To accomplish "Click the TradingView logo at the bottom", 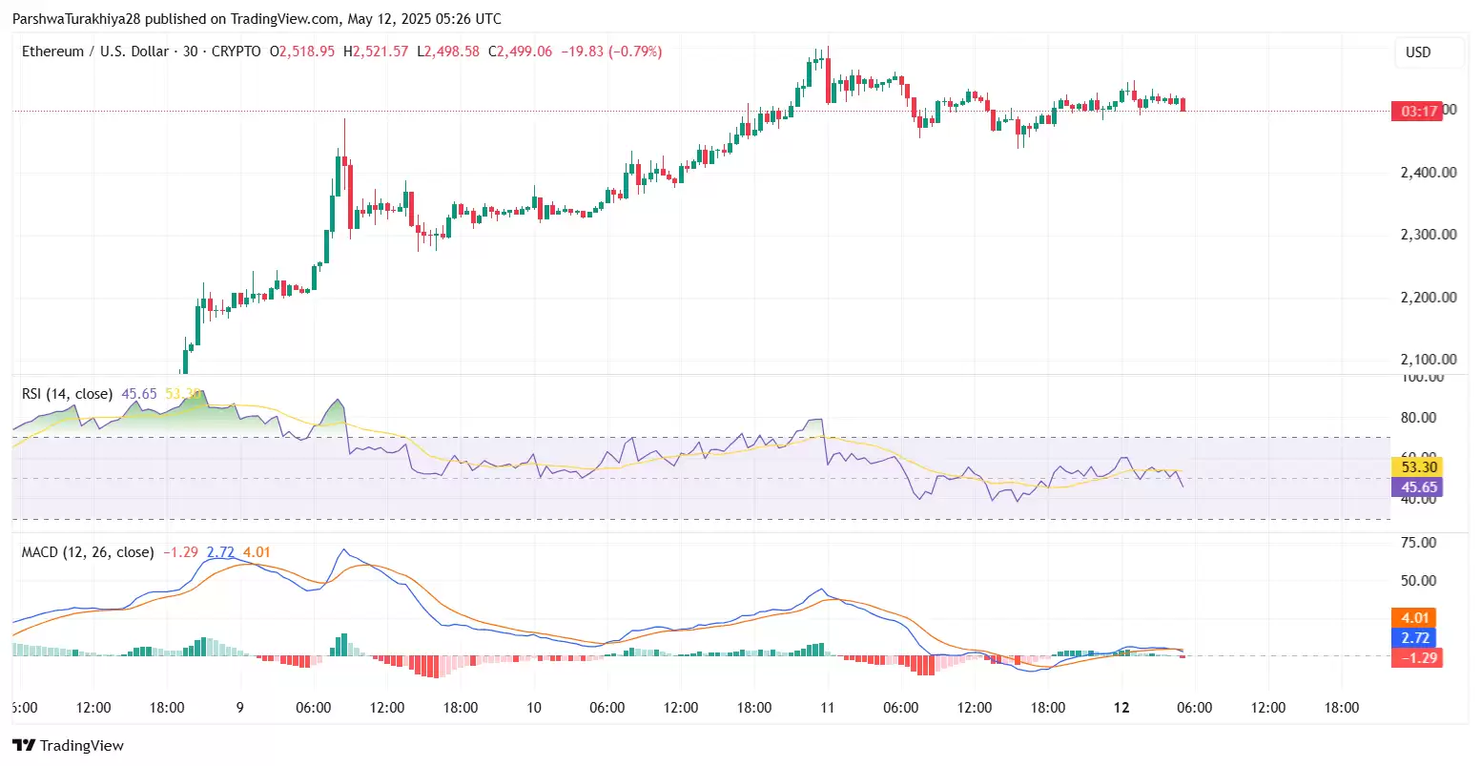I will [x=68, y=745].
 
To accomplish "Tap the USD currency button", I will [x=1418, y=52].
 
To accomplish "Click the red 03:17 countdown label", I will [x=1419, y=112].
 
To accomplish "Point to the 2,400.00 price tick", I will [x=1428, y=173].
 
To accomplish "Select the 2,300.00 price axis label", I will [x=1428, y=235].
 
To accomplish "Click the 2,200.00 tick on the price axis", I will [x=1428, y=298].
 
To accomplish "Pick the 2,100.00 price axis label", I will [x=1428, y=360].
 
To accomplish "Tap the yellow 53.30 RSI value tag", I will [x=1418, y=467].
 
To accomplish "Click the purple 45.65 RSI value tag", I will [x=1418, y=487].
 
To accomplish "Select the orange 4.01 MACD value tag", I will [x=1416, y=618].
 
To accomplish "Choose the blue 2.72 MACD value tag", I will [x=1416, y=637].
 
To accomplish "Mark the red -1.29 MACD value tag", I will [x=1416, y=657].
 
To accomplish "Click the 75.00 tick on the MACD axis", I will [x=1418, y=543].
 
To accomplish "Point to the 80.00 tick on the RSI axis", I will [x=1418, y=418].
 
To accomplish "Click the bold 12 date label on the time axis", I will [x=1121, y=708].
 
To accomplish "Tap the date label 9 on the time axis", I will [x=240, y=708].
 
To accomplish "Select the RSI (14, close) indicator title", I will [x=67, y=394].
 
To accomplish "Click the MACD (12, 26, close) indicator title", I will [x=88, y=552].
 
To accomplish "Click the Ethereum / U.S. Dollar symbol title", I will [x=95, y=52].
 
